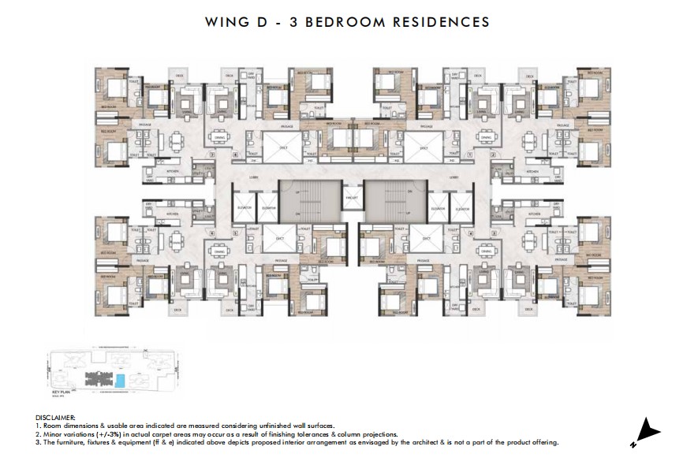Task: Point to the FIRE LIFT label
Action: click(x=351, y=197)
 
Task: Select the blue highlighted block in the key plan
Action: click(x=120, y=381)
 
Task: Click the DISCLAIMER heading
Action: click(x=55, y=417)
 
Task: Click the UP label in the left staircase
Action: click(x=297, y=192)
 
